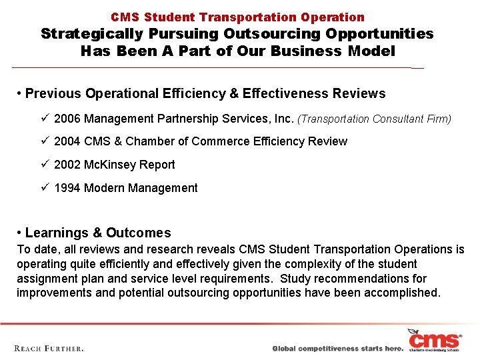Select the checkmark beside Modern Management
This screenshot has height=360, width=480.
[44, 187]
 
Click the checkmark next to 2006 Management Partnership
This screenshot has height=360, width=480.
[44, 118]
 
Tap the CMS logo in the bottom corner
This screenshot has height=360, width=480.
[434, 340]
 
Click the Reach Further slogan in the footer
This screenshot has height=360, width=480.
[49, 348]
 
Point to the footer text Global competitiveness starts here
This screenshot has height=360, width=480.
[337, 349]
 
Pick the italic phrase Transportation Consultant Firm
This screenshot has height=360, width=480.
[374, 119]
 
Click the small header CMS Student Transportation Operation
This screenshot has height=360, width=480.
[237, 17]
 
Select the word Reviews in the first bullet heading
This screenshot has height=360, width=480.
[362, 93]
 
